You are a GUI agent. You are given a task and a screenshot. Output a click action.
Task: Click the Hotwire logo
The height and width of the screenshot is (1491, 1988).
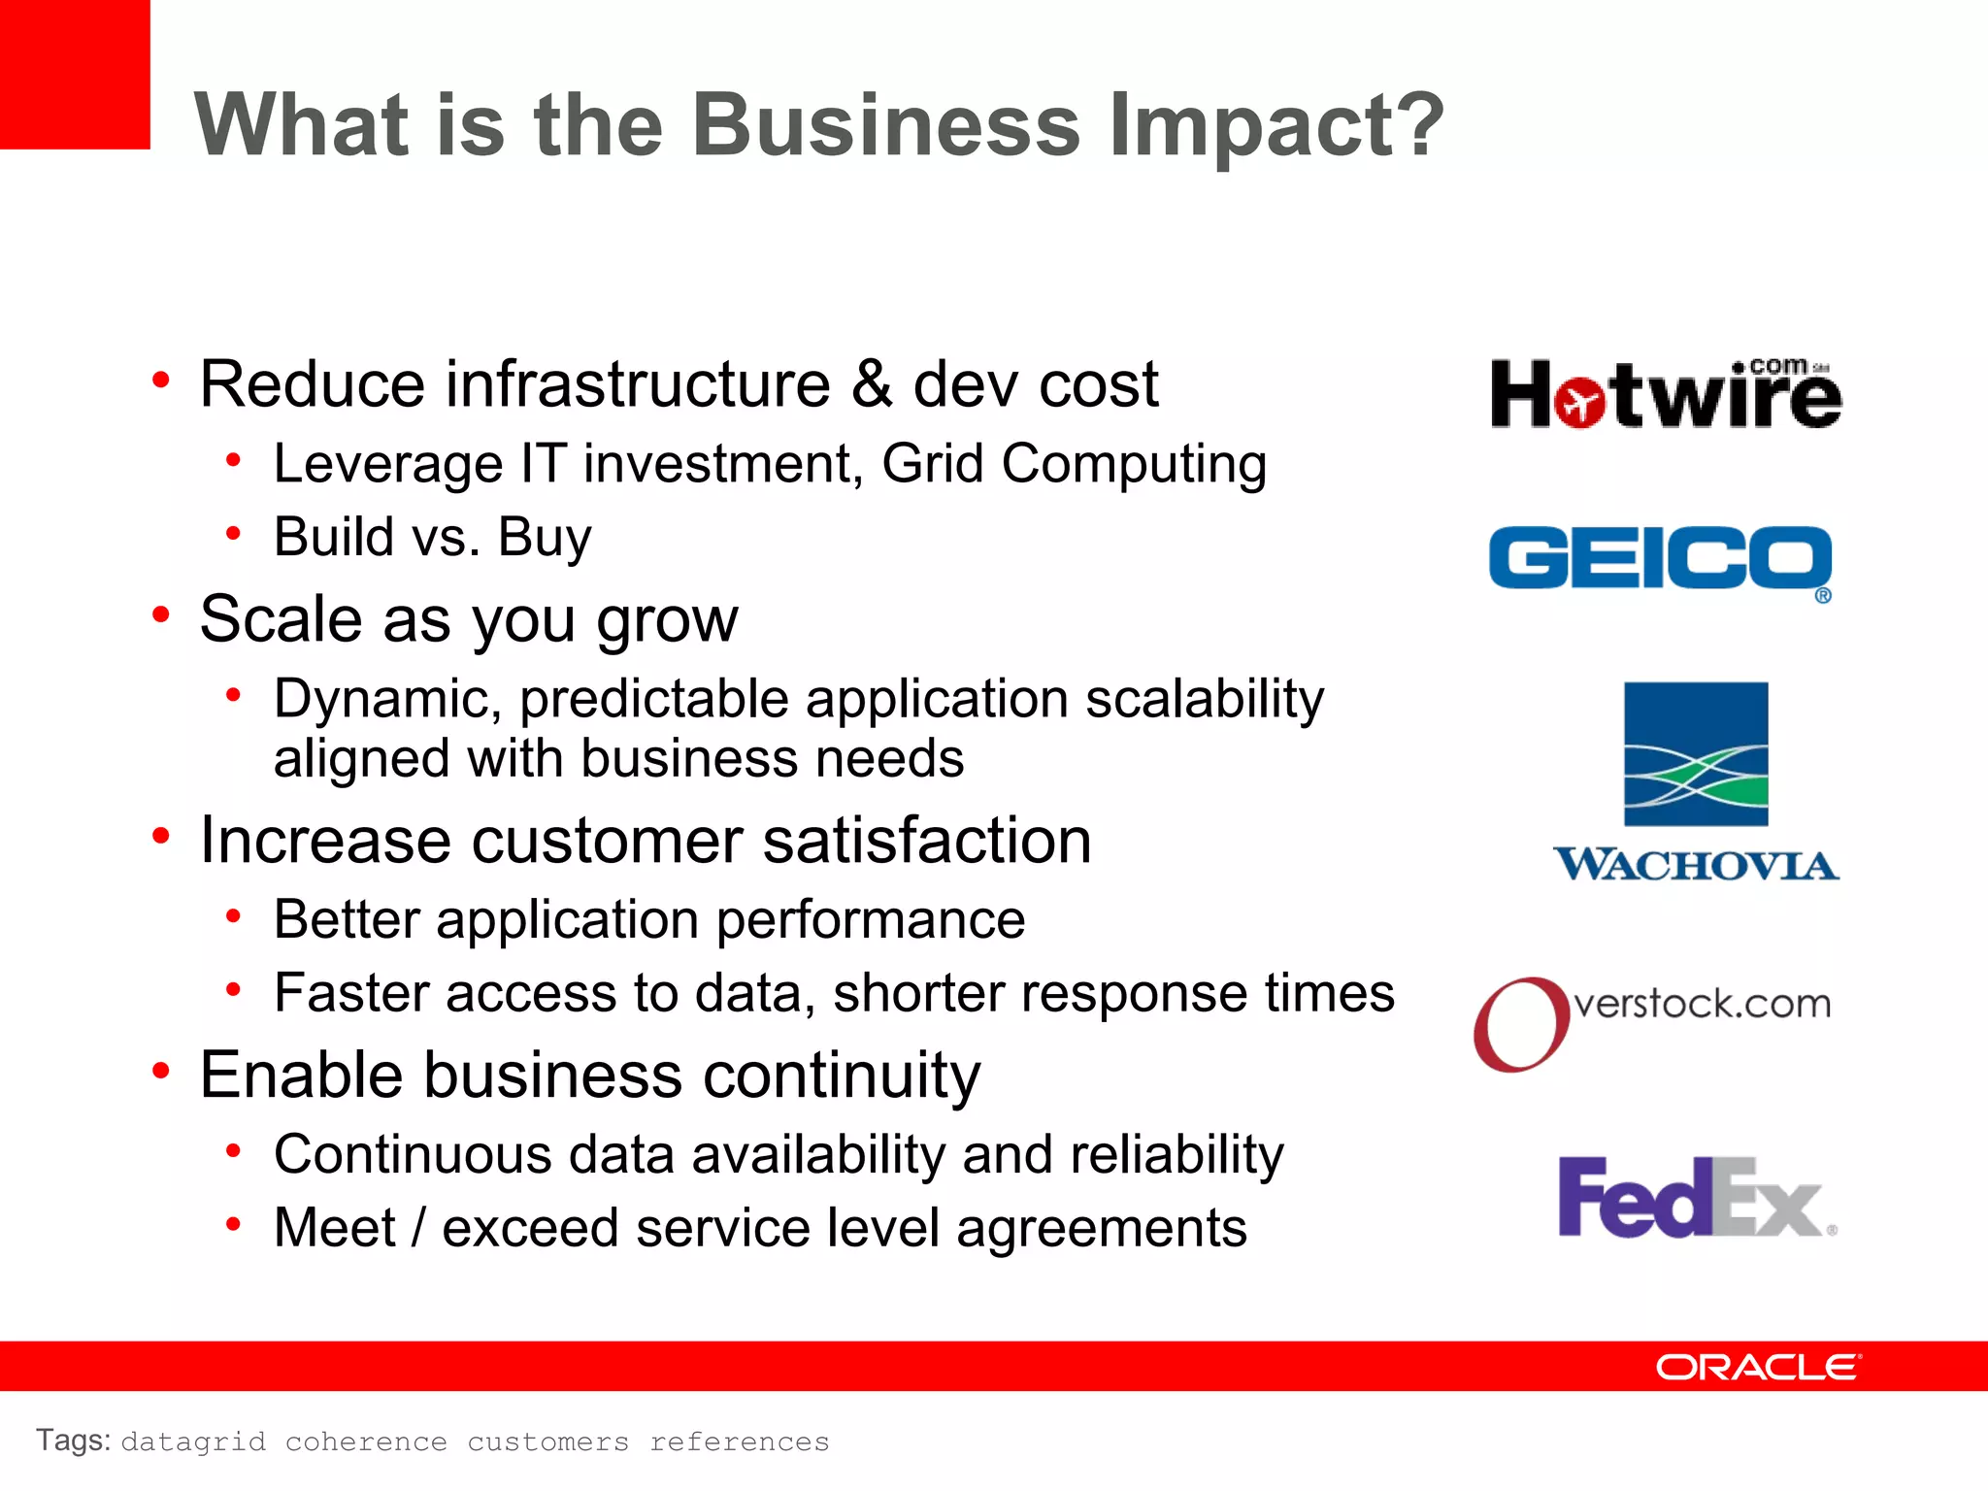point(1666,395)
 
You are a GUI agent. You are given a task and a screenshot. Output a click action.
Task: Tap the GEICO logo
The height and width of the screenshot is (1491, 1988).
point(1660,559)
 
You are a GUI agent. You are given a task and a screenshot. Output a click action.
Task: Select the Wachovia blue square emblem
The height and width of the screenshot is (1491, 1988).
point(1696,754)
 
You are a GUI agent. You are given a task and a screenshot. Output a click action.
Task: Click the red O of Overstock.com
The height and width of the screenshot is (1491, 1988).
point(1520,1024)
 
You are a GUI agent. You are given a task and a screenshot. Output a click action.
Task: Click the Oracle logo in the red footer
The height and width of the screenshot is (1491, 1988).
point(1758,1367)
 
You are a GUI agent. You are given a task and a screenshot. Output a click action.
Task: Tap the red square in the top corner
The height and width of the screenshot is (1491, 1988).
point(74,74)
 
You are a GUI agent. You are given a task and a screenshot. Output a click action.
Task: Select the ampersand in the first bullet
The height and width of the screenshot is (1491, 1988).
point(871,383)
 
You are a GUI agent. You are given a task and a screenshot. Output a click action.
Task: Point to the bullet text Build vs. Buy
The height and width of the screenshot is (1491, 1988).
point(432,537)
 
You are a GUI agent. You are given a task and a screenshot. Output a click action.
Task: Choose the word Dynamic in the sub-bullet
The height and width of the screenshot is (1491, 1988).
point(387,699)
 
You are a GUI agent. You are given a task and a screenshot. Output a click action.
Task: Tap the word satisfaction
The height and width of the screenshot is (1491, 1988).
point(927,840)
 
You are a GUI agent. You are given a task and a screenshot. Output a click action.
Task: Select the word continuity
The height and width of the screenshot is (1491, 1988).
point(841,1076)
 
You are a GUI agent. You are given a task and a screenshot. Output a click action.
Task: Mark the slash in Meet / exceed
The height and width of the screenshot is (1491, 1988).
point(418,1228)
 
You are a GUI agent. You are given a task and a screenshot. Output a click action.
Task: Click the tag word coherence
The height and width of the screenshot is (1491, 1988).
point(366,1441)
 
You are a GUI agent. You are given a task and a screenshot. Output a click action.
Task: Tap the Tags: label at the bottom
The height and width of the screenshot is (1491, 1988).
point(73,1441)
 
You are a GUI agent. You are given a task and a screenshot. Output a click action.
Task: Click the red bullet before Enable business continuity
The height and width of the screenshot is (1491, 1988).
point(161,1071)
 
